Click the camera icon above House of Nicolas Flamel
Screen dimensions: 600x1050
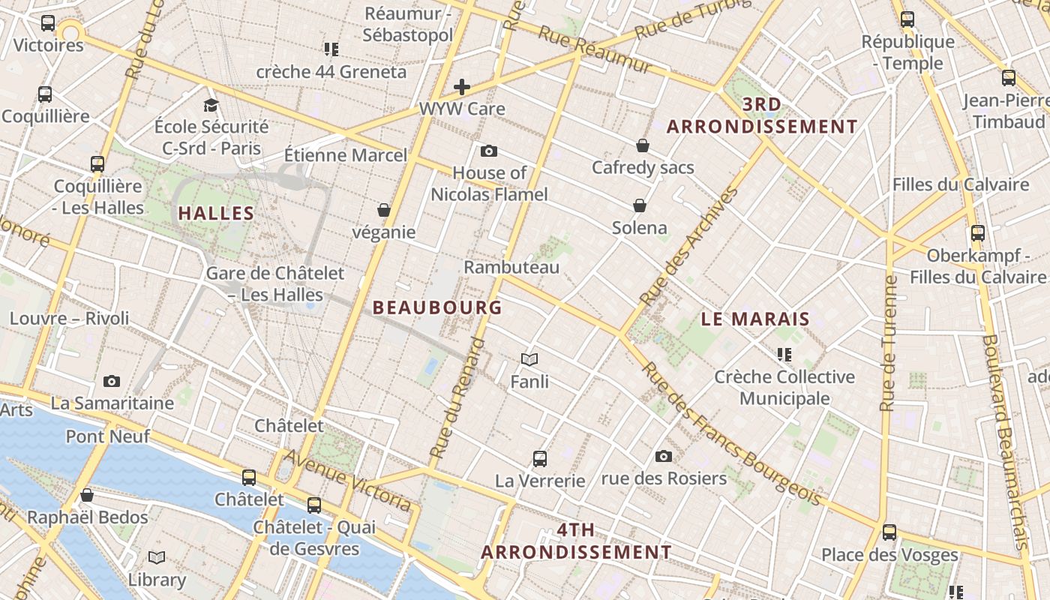(489, 151)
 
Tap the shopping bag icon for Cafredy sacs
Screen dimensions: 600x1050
(643, 145)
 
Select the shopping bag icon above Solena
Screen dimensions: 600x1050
(640, 205)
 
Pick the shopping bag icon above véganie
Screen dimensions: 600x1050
(384, 210)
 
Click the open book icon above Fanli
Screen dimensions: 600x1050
(529, 360)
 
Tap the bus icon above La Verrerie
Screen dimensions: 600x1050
(539, 458)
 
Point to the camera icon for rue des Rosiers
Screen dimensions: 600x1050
(664, 456)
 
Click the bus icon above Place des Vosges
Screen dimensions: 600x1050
(889, 532)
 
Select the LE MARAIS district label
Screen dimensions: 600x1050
(755, 319)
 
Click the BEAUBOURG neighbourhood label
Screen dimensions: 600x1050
(437, 307)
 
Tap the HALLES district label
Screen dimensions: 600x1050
(216, 214)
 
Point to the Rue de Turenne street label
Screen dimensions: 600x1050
(889, 343)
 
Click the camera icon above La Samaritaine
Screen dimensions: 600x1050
(112, 381)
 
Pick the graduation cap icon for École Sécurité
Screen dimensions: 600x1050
(211, 105)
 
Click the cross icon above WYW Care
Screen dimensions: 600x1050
(462, 87)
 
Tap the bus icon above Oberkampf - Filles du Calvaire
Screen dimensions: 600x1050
(977, 233)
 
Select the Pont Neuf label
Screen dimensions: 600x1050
(108, 436)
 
